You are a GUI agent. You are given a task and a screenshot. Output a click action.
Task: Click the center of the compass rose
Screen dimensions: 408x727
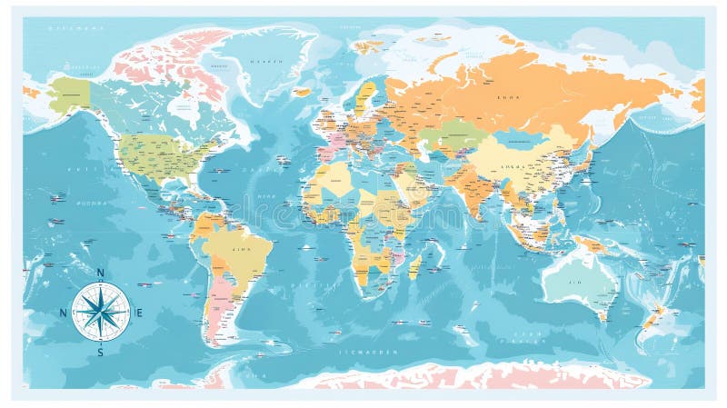[100, 312]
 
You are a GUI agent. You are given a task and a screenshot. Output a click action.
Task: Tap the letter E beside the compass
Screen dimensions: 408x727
[139, 313]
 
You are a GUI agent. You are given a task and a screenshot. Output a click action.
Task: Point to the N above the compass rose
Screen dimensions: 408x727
[100, 274]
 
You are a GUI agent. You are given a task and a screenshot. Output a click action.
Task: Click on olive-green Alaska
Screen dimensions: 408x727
[69, 94]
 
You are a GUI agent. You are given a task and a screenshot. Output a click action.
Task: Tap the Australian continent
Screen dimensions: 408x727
[580, 282]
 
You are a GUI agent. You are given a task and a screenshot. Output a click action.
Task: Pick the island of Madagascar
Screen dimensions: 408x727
[415, 265]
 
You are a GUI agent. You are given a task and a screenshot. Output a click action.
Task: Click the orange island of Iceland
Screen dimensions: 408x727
[303, 92]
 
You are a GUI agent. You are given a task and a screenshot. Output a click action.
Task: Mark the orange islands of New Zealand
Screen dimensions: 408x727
[652, 315]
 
